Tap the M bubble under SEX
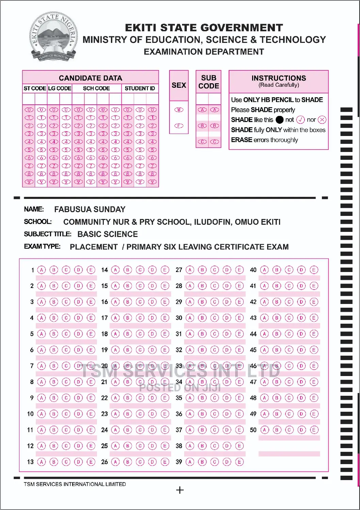pos(179,110)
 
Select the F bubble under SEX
pos(179,126)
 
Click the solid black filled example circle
pos(279,120)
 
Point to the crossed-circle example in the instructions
pos(322,120)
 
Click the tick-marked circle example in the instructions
pos(300,120)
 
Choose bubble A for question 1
pos(42,270)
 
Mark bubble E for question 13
pos(91,462)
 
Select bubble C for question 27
pos(215,270)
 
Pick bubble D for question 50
pos(301,430)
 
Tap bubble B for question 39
pos(202,462)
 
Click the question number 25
pos(104,446)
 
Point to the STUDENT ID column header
pos(140,88)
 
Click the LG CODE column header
pos(60,88)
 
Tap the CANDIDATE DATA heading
pos(90,78)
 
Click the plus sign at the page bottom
pos(180,490)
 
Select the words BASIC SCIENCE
pos(108,234)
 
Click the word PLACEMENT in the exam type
pos(94,247)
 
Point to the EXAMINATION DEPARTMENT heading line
pos(204,52)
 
